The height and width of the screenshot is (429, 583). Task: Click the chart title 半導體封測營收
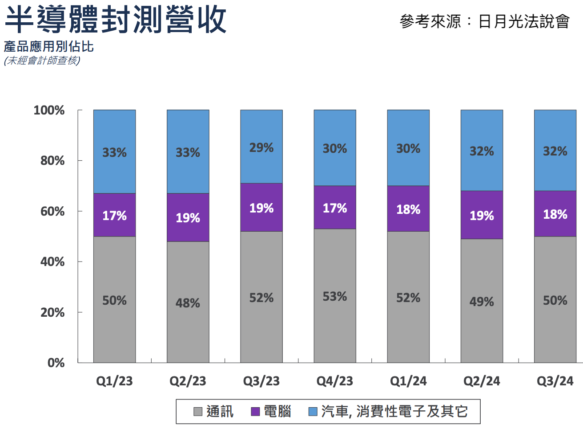tap(116, 20)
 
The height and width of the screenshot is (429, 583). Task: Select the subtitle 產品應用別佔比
tap(49, 46)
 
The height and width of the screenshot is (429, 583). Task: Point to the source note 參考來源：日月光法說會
tap(484, 21)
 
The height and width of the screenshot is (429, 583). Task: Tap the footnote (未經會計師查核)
tap(42, 60)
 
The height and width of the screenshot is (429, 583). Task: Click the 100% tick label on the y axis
tap(49, 110)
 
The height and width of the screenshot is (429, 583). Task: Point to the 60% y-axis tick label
tap(52, 211)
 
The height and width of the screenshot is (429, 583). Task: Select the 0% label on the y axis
tap(56, 363)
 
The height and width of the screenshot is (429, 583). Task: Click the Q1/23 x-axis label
tap(114, 381)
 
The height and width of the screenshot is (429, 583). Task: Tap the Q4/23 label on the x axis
tap(334, 381)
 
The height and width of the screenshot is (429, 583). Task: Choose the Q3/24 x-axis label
tap(555, 381)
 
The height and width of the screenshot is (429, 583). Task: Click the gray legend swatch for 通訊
tap(198, 412)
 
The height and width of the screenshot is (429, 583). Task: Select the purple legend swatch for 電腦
tap(255, 412)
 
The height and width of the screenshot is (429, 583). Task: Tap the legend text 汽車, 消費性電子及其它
tap(394, 411)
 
